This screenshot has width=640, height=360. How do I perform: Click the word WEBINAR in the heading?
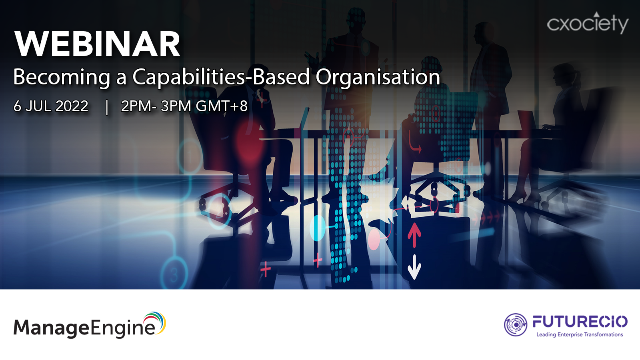97,44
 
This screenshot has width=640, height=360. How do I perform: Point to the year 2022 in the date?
72,106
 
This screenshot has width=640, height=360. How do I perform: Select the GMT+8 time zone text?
222,106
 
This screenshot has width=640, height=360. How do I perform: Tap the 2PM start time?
136,106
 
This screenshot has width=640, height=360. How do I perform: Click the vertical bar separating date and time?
107,107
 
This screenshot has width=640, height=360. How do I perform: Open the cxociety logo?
588,24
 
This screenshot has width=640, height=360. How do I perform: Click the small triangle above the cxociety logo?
596,14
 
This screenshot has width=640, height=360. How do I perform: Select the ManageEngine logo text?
84,328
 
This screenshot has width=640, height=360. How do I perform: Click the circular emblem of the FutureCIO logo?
516,324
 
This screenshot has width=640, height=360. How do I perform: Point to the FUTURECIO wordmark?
580,322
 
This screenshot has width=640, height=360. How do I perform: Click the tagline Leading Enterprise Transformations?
580,334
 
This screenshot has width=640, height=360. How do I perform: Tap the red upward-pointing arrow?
414,235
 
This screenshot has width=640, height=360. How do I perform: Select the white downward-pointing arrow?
414,267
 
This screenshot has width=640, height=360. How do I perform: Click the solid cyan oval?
318,228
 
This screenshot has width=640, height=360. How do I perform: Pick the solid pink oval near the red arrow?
374,240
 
